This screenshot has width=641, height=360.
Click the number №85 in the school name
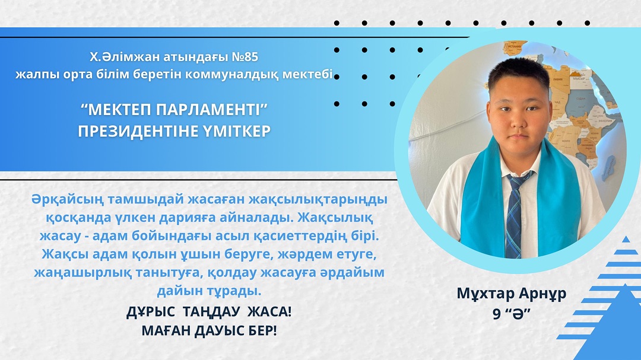coord(245,57)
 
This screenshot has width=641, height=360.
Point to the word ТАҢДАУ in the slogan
coord(211,312)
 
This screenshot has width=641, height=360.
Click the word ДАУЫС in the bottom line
coord(219,330)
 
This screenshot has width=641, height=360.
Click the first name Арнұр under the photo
coord(542,294)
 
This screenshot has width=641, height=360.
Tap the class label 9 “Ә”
coord(512,313)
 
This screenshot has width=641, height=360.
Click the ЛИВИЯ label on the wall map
coord(557,79)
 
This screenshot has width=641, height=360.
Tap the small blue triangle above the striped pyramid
coord(626,240)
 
